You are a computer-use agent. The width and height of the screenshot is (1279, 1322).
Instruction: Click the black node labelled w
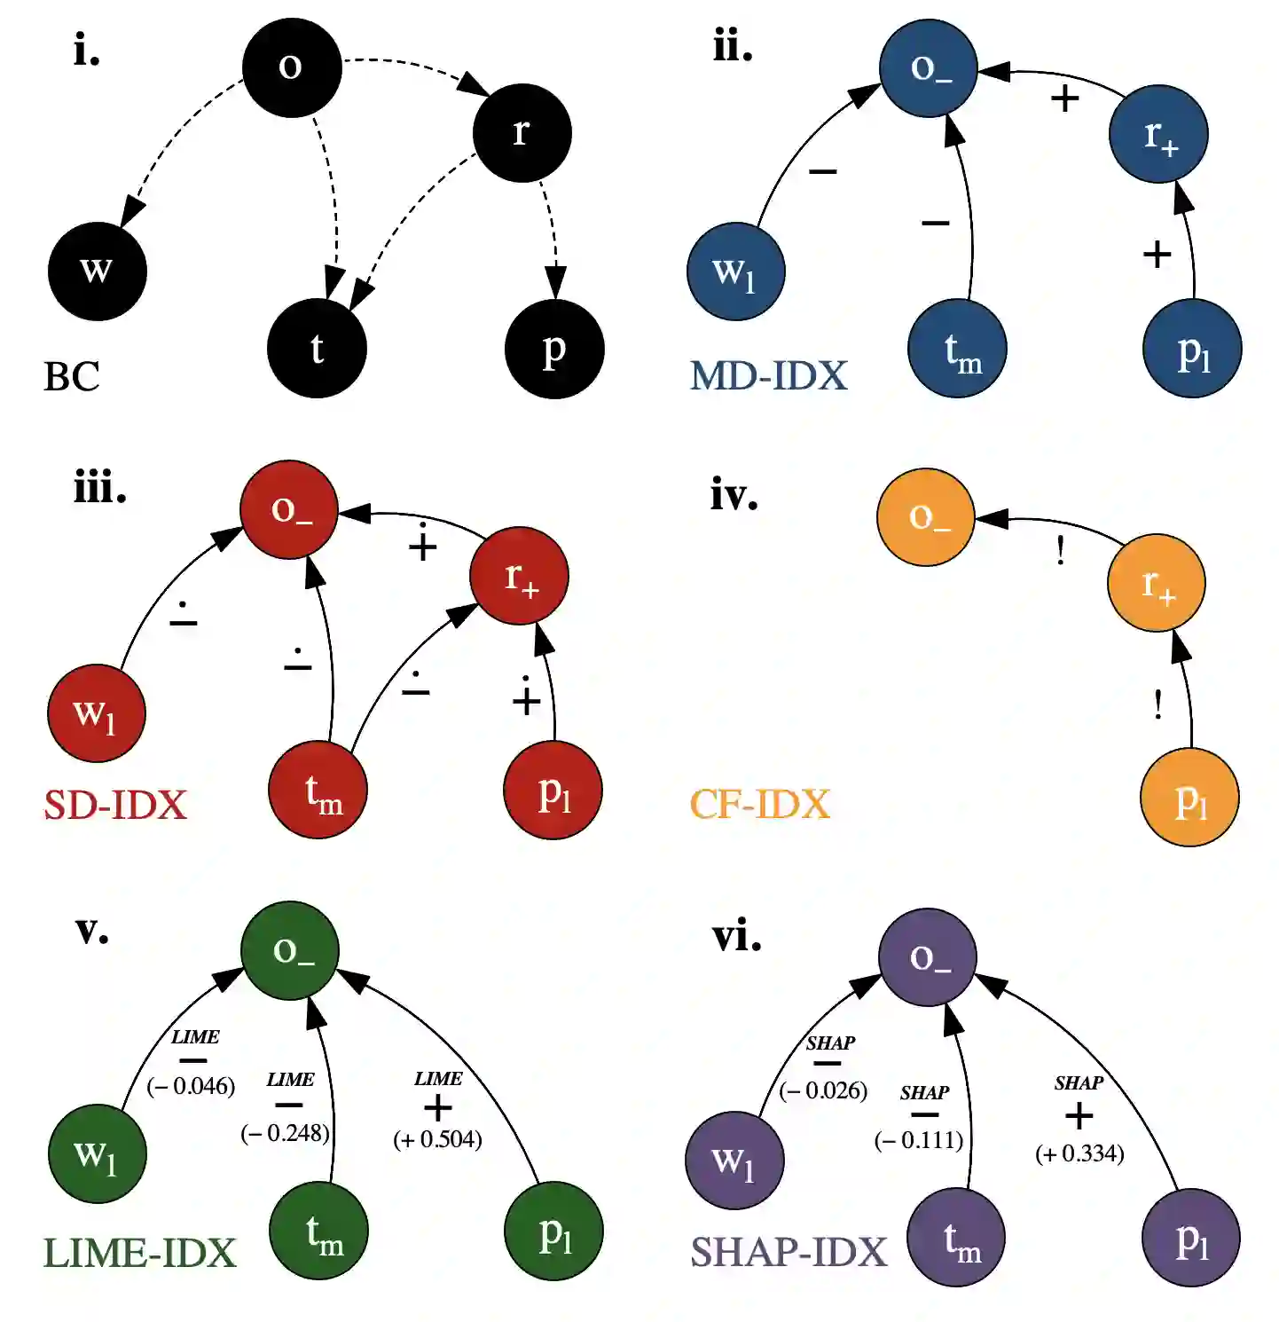point(97,271)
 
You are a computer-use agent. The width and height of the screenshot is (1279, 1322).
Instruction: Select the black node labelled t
point(317,349)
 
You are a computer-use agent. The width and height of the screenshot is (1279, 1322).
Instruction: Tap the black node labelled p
point(554,349)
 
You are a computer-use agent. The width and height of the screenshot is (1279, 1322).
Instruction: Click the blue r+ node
point(1158,134)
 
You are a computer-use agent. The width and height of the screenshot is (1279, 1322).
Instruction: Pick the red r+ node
point(519,576)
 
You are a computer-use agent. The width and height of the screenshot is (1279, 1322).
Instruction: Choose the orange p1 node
point(1189,797)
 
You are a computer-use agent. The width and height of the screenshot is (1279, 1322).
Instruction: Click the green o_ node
point(290,950)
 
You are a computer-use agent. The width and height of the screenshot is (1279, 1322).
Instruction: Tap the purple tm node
point(956,1238)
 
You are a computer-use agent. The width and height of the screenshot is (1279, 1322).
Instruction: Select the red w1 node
point(96,712)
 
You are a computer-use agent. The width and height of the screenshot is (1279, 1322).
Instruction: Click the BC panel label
point(72,376)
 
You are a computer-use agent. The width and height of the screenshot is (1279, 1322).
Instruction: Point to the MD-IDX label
point(769,375)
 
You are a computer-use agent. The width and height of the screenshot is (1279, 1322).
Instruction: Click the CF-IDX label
point(760,804)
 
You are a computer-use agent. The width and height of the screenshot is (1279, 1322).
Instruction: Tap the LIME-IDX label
point(140,1253)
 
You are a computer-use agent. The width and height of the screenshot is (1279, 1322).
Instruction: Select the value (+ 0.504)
point(437,1139)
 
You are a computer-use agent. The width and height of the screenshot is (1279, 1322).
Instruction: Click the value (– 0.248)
point(285,1133)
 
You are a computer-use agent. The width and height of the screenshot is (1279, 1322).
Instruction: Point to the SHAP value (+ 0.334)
point(1079,1153)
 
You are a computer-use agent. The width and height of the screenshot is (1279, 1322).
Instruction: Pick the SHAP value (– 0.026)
point(823,1090)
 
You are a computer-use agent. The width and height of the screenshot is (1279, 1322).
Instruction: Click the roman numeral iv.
point(734,494)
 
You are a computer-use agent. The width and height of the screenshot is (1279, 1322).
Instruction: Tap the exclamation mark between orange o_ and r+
point(1060,552)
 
